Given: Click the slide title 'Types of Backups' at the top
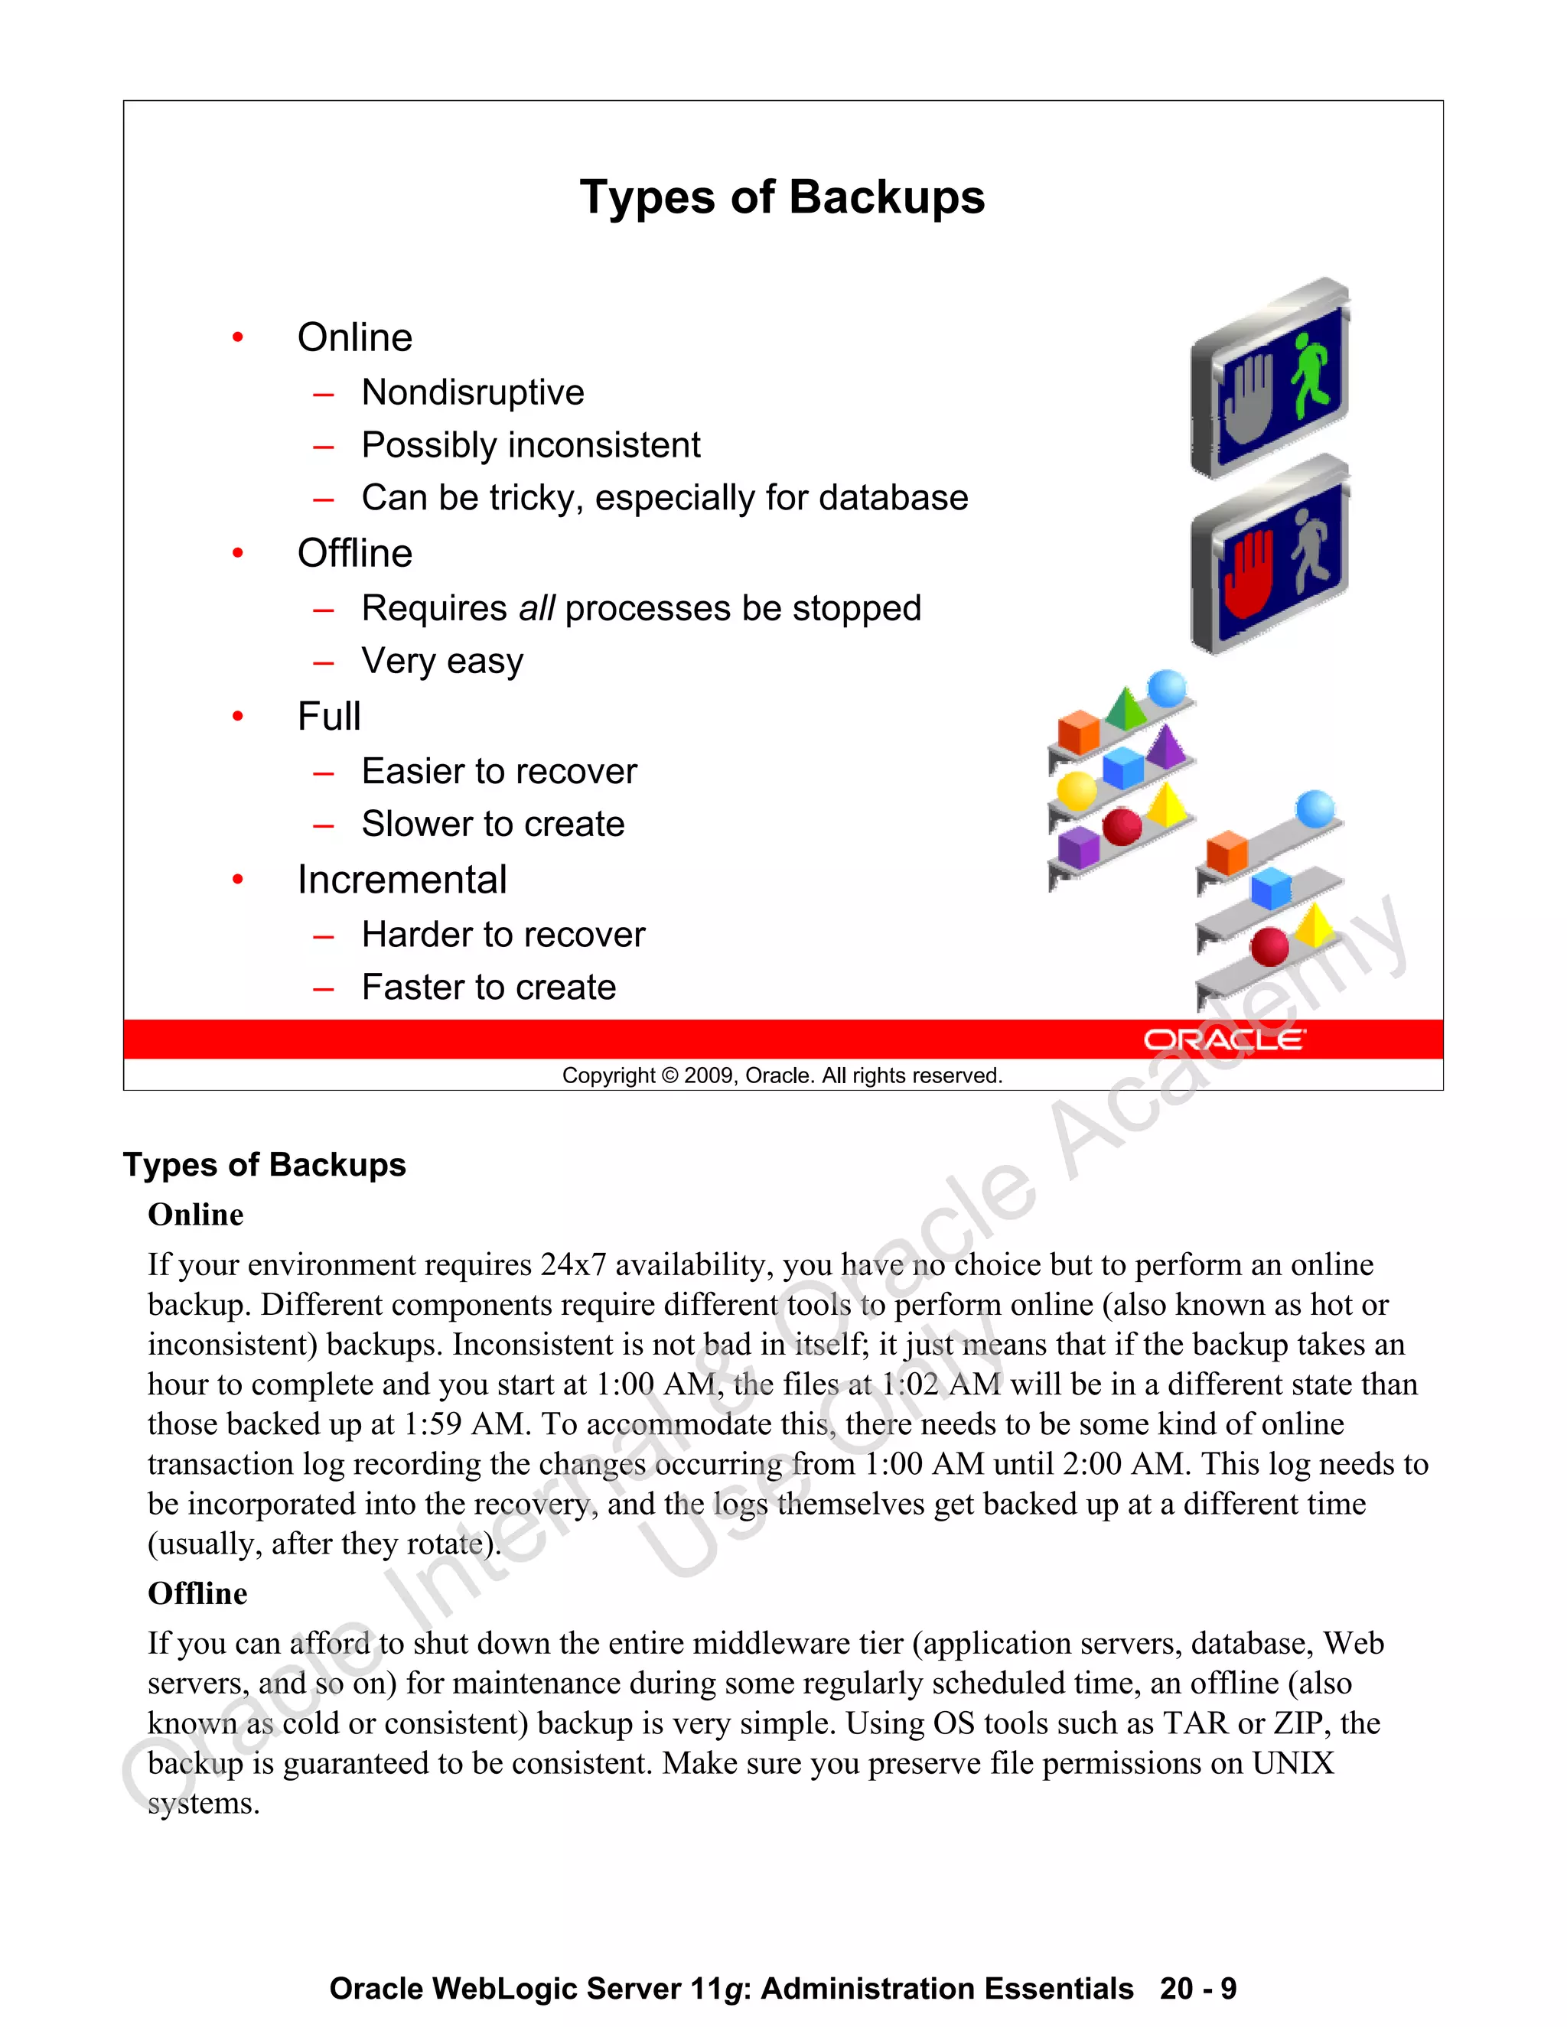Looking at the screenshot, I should (782, 197).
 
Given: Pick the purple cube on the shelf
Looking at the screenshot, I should (1079, 847).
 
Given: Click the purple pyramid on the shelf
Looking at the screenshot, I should (1165, 745).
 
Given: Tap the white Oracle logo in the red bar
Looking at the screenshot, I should (1223, 1040).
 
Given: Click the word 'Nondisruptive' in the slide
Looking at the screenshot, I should (473, 392).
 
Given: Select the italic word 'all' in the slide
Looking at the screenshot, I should (536, 609).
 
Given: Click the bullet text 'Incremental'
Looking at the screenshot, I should (402, 880).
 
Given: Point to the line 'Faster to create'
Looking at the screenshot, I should (488, 987).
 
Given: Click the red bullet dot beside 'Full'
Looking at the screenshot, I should (238, 717).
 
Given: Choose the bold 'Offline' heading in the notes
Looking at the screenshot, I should (197, 1593).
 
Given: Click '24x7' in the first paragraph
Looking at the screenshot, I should (573, 1265).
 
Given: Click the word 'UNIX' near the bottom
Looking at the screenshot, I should (1292, 1763).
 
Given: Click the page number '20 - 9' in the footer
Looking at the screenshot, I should (1197, 1989).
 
